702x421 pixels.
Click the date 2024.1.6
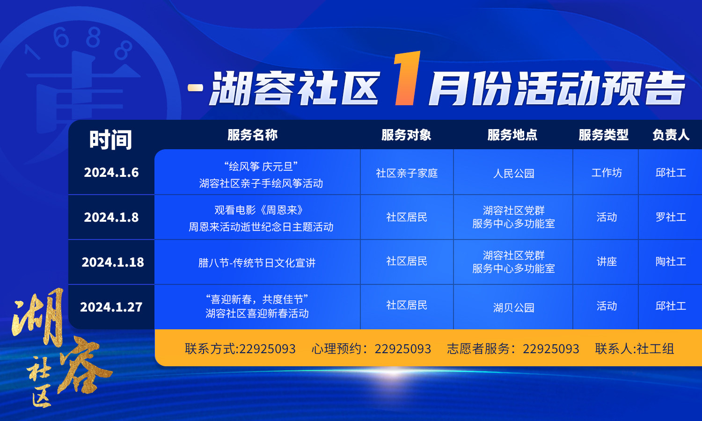tap(111, 173)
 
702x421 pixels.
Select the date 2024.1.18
tap(113, 262)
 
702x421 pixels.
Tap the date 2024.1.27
tap(111, 307)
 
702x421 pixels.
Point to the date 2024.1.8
tap(111, 218)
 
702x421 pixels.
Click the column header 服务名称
tap(253, 135)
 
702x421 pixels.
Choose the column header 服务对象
tap(407, 135)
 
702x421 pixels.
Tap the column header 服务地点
tap(512, 135)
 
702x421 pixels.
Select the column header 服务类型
tap(604, 135)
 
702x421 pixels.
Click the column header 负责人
tap(671, 135)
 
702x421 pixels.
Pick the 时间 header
tap(110, 140)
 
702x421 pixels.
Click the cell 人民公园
tap(514, 173)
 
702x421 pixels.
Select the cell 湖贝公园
tap(514, 308)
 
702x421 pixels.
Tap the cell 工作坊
tap(607, 173)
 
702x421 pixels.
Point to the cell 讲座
tap(607, 261)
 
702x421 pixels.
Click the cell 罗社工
tap(671, 217)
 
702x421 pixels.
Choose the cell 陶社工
tap(671, 261)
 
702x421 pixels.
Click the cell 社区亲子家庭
tap(407, 173)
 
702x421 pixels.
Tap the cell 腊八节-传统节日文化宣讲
tap(257, 263)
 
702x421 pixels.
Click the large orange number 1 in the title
tap(407, 78)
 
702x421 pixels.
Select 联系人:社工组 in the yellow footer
tap(635, 348)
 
